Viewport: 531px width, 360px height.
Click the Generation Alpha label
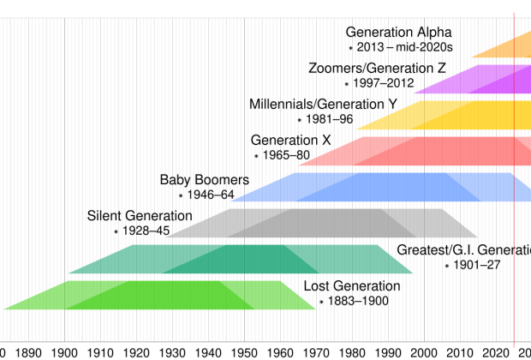(397, 33)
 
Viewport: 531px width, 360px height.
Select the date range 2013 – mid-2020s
(404, 48)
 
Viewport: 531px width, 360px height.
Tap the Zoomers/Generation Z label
(377, 69)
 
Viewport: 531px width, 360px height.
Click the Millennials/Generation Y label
(323, 105)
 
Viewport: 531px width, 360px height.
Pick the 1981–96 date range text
(330, 120)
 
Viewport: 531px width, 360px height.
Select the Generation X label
(290, 140)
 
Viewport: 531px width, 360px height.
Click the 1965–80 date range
(287, 155)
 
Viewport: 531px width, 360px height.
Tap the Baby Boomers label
(204, 180)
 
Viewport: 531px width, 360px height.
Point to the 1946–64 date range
(211, 195)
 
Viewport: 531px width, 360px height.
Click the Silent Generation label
(140, 216)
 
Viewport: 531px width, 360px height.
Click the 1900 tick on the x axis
(64, 351)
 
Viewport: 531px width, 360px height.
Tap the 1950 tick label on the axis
(244, 351)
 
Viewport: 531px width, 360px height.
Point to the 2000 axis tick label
(424, 351)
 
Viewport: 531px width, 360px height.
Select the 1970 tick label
(316, 351)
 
